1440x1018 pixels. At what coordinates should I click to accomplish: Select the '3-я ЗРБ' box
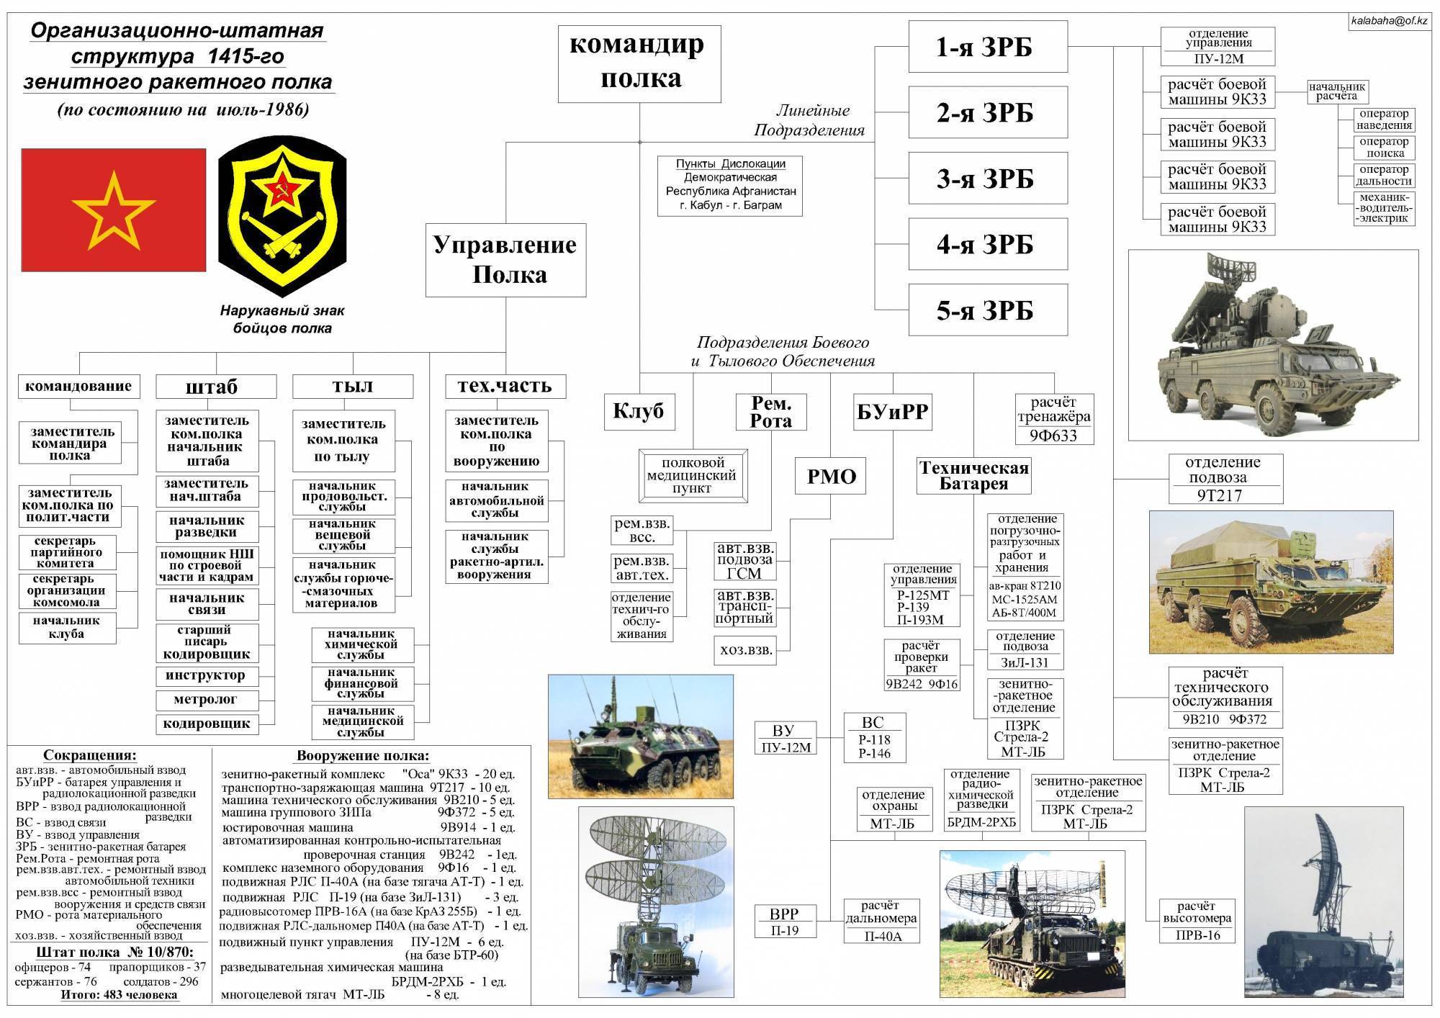point(987,179)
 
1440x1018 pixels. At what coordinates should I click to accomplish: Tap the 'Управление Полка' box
point(505,260)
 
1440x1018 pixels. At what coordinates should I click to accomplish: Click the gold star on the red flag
point(114,211)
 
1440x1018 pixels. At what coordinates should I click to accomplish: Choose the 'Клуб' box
point(638,412)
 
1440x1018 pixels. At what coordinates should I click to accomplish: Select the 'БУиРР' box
point(893,413)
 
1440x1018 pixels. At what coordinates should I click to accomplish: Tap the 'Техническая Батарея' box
point(973,476)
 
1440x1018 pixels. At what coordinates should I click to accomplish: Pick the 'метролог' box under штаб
point(206,700)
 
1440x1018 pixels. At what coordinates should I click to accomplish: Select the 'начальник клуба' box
point(66,627)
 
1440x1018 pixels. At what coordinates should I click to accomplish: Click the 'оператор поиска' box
point(1384,148)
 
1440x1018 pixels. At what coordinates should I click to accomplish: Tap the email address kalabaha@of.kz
point(1389,21)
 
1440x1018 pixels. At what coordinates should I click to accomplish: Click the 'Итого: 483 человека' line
point(119,995)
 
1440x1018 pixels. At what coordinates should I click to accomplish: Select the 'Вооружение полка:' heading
point(362,756)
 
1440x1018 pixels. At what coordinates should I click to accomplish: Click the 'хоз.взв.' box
point(746,650)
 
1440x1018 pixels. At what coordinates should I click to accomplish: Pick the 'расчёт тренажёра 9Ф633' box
point(1055,419)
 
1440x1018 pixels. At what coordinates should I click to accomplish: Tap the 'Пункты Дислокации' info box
point(730,185)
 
